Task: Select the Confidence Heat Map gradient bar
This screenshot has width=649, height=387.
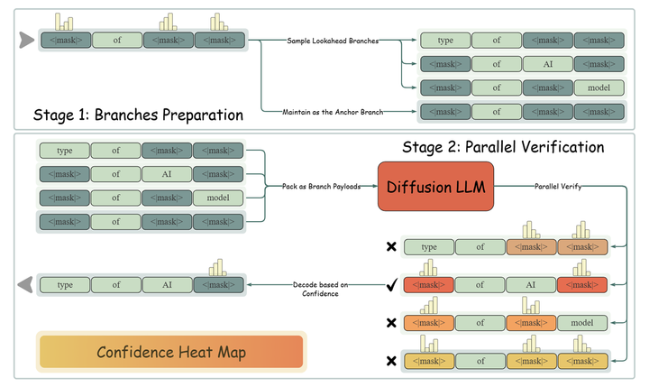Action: [x=172, y=351]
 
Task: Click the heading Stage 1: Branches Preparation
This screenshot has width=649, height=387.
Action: [x=139, y=115]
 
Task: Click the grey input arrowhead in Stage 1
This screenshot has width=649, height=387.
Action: [x=26, y=40]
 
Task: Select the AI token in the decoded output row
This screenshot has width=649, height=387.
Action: [x=167, y=284]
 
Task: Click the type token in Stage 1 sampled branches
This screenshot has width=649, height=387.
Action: [x=444, y=41]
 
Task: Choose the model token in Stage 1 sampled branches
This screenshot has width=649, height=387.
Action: [x=598, y=88]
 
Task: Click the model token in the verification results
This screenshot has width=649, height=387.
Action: [x=582, y=323]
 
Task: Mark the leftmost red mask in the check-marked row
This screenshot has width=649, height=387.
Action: [x=427, y=285]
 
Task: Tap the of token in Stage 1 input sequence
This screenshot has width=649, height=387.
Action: [x=116, y=40]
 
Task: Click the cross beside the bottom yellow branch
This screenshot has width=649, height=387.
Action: [x=391, y=361]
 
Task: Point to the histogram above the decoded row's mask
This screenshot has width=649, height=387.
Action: [x=217, y=268]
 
